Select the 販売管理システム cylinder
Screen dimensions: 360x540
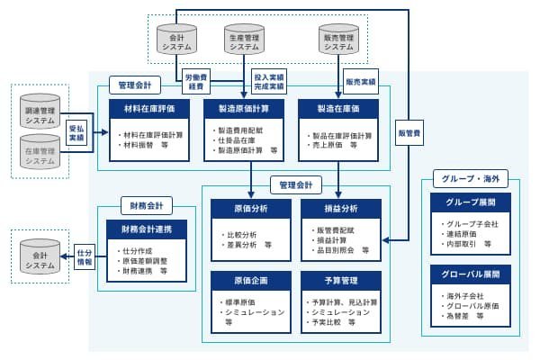pyautogui.click(x=341, y=41)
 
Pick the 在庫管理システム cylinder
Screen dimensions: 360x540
pyautogui.click(x=40, y=149)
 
